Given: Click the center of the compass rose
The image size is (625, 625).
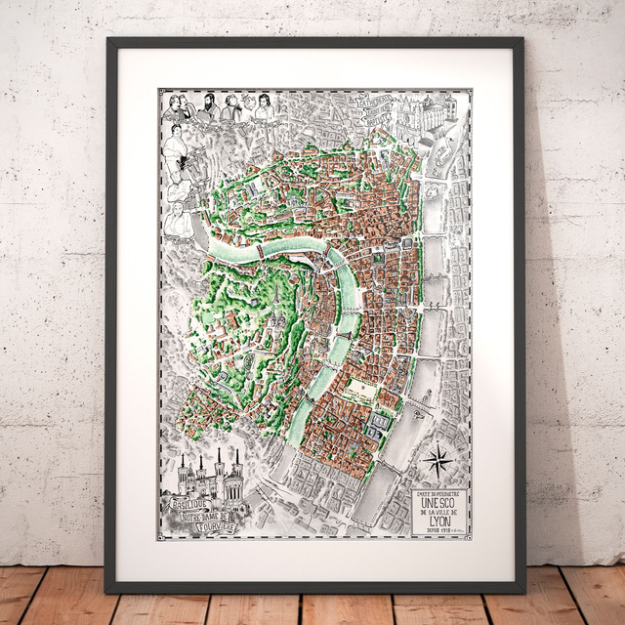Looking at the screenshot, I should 437,456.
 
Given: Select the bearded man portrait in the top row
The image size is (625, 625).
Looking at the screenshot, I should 208,105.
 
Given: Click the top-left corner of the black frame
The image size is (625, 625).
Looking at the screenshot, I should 106,38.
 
